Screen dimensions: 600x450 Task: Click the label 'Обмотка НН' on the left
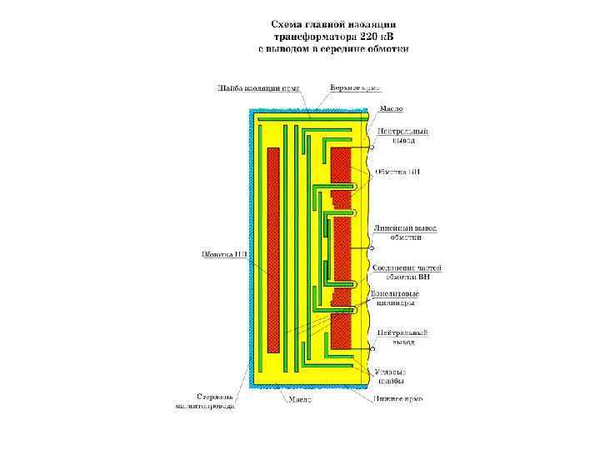(224, 254)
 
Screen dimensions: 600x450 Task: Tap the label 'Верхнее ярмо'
(355, 87)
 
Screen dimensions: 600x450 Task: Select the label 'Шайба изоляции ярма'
(259, 87)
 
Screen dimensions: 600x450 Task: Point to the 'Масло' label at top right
(392, 109)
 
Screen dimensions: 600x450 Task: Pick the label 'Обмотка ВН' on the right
(397, 172)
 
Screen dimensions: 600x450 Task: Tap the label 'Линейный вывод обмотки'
(404, 232)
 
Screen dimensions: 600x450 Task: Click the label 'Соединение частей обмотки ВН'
(407, 272)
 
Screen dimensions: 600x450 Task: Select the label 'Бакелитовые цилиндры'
(396, 298)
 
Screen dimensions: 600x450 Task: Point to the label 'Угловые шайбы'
(390, 376)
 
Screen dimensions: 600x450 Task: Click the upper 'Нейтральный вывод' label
(403, 136)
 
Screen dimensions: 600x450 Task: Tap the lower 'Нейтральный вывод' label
(403, 337)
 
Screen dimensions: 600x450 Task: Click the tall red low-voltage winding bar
(272, 248)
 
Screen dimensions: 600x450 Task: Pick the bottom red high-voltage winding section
(342, 330)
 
